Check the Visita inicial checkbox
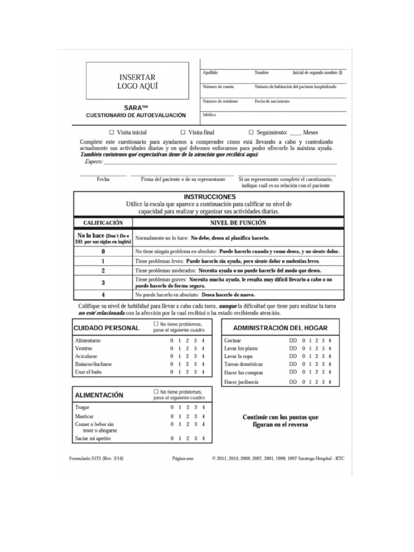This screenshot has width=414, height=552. (112, 132)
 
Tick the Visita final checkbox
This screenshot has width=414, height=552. (183, 132)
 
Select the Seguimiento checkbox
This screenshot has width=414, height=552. (251, 132)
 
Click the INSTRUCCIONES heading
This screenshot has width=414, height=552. (210, 197)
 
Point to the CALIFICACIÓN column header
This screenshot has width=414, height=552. (102, 223)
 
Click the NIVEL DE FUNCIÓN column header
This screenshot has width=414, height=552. (237, 223)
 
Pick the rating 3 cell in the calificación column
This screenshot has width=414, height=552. (102, 282)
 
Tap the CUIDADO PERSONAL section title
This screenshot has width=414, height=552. (106, 328)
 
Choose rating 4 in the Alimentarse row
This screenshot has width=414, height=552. (203, 341)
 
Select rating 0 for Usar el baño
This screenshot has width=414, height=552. (172, 372)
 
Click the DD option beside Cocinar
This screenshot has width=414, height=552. (293, 341)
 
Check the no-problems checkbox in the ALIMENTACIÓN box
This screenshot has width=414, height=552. (156, 391)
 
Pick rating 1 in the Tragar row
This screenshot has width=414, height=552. (180, 408)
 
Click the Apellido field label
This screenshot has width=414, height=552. (210, 72)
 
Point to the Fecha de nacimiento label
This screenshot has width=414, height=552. (272, 101)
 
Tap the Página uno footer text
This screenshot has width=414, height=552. (182, 458)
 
